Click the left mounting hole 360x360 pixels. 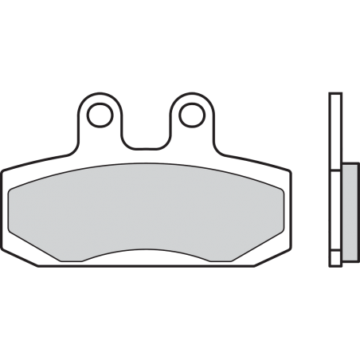[x=100, y=115]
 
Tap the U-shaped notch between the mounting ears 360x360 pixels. [x=144, y=131]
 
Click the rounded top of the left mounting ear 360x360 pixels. [x=100, y=96]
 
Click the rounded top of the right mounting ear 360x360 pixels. [x=190, y=96]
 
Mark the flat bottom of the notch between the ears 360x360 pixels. [x=144, y=146]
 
